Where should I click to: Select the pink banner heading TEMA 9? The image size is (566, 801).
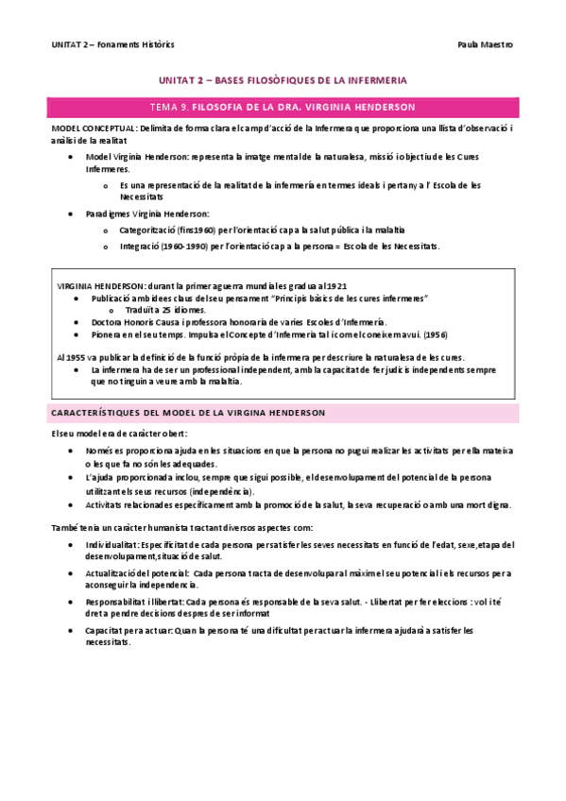[283, 107]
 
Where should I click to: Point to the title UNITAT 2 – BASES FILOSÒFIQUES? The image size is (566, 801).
[283, 82]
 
